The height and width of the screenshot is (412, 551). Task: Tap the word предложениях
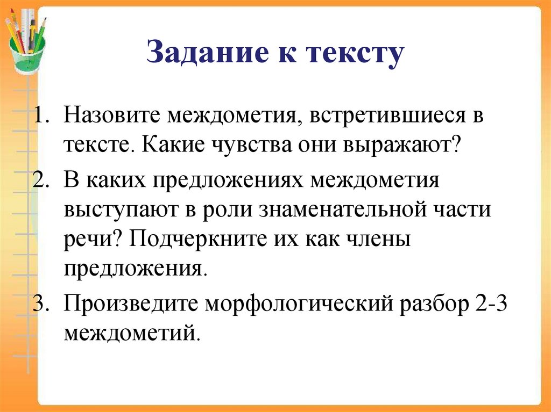tap(228, 180)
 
